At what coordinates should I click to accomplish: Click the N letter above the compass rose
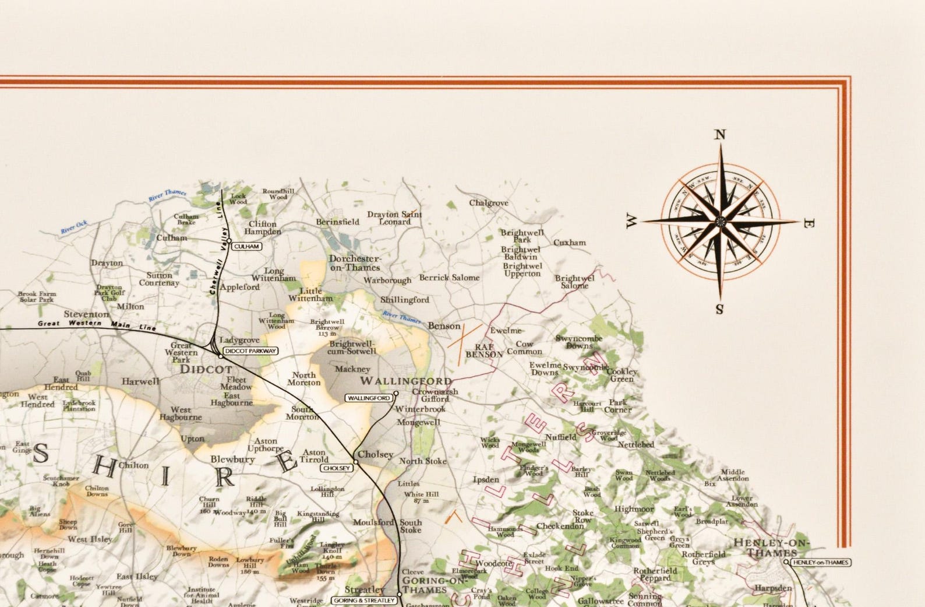pyautogui.click(x=721, y=135)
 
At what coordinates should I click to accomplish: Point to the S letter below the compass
pyautogui.click(x=719, y=309)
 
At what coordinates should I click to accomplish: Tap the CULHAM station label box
pyautogui.click(x=246, y=247)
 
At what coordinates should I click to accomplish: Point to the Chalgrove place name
pyautogui.click(x=489, y=203)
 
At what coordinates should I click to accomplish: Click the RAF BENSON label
pyautogui.click(x=484, y=350)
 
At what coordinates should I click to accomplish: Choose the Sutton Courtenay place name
pyautogui.click(x=159, y=279)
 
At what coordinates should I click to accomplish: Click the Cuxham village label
pyautogui.click(x=570, y=243)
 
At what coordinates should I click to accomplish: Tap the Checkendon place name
pyautogui.click(x=560, y=526)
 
